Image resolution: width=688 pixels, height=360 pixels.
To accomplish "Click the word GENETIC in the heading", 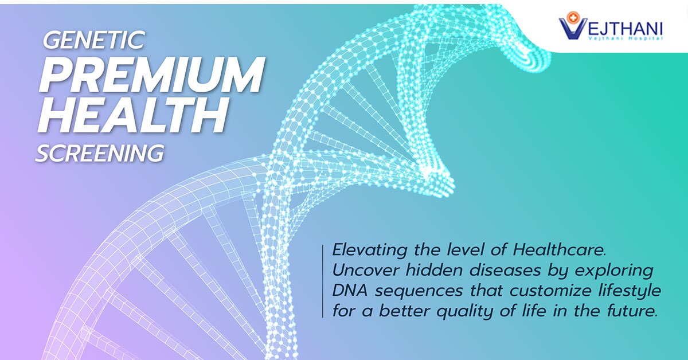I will pos(94,41).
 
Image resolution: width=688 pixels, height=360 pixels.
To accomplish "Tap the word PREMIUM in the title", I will pos(152,75).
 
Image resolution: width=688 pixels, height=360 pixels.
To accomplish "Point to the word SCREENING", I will pos(99,153).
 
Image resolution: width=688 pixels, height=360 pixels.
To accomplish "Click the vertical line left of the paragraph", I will pos(323,281).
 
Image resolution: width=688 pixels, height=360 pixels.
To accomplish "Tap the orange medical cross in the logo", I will pos(569,17).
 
